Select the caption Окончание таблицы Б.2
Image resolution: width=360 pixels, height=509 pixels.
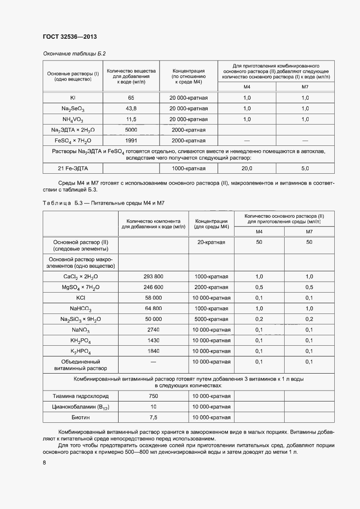coord(74,54)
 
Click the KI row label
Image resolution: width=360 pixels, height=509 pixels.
coord(73,98)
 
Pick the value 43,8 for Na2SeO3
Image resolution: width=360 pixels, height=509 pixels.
coord(131,108)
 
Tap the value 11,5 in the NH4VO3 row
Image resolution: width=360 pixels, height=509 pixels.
coord(131,119)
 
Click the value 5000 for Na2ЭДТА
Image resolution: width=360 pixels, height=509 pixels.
coord(131,130)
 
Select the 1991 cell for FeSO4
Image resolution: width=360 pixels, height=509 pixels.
coord(131,140)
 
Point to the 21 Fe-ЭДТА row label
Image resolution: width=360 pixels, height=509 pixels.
coord(73,168)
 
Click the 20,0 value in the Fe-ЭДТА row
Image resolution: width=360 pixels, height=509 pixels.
coord(247,168)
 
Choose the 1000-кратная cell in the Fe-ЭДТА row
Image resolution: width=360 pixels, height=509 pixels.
coord(188,168)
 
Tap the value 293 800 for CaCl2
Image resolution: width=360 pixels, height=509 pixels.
coord(153,276)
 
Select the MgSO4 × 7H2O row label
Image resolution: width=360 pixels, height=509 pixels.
coord(81,287)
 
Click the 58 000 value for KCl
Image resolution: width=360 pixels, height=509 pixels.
coord(153,298)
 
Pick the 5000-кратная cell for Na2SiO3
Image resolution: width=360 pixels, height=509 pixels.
coord(212,319)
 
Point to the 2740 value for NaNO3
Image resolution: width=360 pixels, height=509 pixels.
coord(153,330)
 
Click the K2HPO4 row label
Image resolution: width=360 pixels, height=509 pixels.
coord(81,351)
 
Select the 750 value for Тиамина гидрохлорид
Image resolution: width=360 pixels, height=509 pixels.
coord(153,396)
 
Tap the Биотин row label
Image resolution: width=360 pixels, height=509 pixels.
coord(81,418)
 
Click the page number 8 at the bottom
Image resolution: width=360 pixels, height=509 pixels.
coord(44,463)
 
